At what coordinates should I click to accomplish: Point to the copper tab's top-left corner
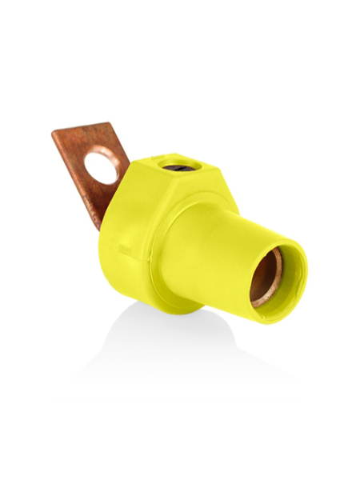tap(54, 133)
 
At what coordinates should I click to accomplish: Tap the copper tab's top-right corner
tap(108, 125)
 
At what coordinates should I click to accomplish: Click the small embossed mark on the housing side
tap(125, 250)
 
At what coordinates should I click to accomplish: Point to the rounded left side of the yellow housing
tap(107, 256)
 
